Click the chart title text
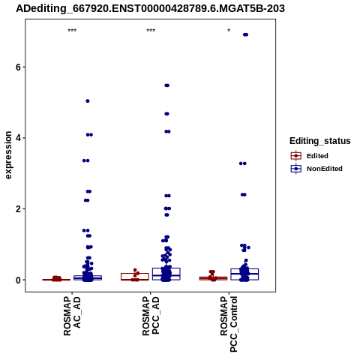tap(150, 8)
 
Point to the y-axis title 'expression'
tap(8, 155)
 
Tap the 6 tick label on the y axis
tap(19, 67)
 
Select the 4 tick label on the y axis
tap(19, 138)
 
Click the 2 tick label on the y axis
tap(19, 208)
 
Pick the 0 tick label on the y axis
tap(19, 280)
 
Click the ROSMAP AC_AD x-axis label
tap(72, 316)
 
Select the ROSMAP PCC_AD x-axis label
tap(151, 316)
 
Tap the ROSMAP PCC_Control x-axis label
tap(229, 324)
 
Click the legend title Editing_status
tap(320, 141)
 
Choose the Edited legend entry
tap(310, 156)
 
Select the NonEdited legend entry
tap(316, 169)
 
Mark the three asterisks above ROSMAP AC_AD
tap(72, 31)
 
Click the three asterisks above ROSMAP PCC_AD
tap(151, 31)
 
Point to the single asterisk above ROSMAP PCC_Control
tap(229, 31)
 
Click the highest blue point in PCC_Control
tap(245, 34)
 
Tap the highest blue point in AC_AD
tap(88, 101)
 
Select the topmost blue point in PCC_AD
tap(166, 85)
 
